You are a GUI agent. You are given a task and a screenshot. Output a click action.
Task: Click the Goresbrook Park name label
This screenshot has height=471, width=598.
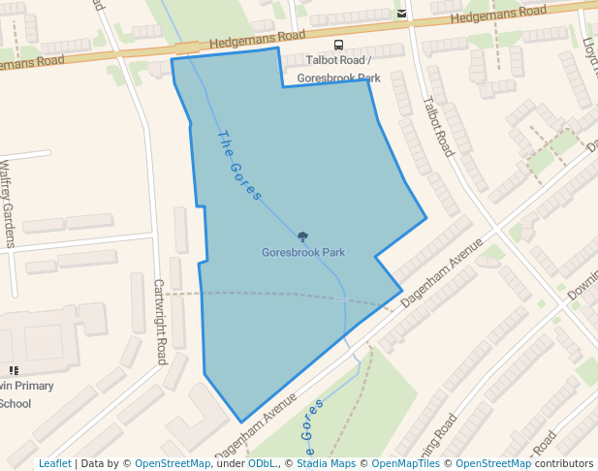pyautogui.click(x=303, y=253)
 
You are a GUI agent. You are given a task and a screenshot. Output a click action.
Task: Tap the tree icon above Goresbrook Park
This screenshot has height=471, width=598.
pyautogui.click(x=302, y=236)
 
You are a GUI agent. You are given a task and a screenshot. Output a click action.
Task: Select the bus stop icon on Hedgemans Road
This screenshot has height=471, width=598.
pyautogui.click(x=338, y=45)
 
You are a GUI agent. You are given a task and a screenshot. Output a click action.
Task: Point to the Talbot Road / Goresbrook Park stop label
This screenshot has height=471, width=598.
pyautogui.click(x=339, y=68)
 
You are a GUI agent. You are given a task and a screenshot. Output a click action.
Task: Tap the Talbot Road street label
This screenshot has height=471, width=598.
pyautogui.click(x=438, y=126)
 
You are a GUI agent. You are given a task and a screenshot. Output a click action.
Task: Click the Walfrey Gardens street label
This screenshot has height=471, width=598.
pyautogui.click(x=8, y=204)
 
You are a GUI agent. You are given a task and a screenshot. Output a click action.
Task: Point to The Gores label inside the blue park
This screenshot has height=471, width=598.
pyautogui.click(x=239, y=166)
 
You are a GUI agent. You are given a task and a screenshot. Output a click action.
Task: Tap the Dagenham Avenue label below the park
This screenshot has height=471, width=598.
pyautogui.click(x=255, y=427)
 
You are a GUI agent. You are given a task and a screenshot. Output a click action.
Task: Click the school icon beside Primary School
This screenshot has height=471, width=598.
pyautogui.click(x=14, y=370)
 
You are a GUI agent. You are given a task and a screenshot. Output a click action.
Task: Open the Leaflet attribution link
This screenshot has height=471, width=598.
pyautogui.click(x=54, y=463)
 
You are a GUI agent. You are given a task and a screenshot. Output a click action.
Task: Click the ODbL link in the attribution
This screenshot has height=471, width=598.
pyautogui.click(x=262, y=463)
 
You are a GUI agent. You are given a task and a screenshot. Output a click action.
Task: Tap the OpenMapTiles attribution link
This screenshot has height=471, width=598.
pyautogui.click(x=404, y=463)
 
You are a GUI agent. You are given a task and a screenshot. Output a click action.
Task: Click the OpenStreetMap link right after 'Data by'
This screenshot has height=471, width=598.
pyautogui.click(x=173, y=463)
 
